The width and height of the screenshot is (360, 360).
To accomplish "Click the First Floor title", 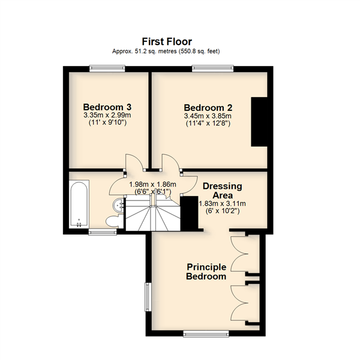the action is (x=167, y=42).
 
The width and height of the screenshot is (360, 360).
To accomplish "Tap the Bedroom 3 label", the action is (x=107, y=107).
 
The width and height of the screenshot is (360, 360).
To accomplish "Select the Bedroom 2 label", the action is (x=208, y=107).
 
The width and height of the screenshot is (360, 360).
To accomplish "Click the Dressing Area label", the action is (x=222, y=191).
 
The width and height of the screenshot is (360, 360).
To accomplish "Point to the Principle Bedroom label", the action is (x=206, y=272).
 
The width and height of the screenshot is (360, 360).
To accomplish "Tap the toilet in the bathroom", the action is (x=115, y=221).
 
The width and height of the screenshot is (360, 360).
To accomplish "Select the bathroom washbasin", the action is (x=119, y=205).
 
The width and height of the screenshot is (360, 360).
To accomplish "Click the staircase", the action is (x=153, y=213).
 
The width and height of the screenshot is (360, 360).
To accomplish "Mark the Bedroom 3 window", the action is (x=107, y=68).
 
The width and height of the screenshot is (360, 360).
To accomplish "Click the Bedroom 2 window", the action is (x=213, y=68).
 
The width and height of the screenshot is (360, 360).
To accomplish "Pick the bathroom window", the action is (x=103, y=232).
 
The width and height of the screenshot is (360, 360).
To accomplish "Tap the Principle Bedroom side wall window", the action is (x=148, y=297).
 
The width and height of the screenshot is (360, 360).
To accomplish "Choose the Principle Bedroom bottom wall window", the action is (x=206, y=334).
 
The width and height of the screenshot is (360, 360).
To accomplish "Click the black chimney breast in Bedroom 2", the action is (x=259, y=122).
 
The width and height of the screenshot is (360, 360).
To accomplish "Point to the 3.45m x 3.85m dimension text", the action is (x=208, y=116).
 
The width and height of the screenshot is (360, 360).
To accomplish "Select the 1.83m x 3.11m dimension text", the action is (x=222, y=203).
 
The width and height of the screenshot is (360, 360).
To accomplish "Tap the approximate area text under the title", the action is (x=166, y=51).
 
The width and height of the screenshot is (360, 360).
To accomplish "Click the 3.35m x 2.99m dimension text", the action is (x=107, y=115).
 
